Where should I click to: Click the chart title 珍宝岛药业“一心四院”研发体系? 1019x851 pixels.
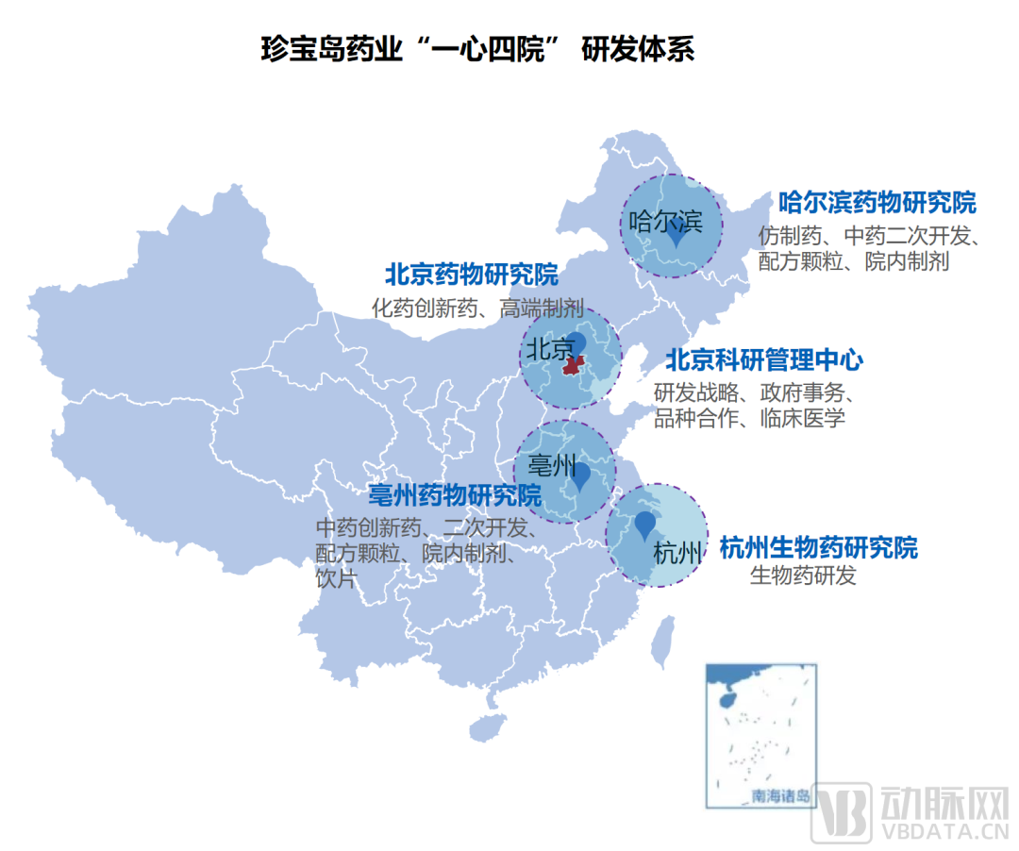[x=477, y=49]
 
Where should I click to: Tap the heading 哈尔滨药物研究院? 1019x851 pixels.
[x=877, y=203]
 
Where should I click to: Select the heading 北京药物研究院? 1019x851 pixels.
[x=471, y=275]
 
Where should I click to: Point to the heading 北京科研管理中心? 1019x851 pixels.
[x=763, y=360]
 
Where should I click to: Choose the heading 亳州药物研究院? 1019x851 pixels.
[x=455, y=495]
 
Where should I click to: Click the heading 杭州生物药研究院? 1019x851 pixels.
[x=818, y=547]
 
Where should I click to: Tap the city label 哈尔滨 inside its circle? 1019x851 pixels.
[x=665, y=222]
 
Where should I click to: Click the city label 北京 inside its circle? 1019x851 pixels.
[x=549, y=349]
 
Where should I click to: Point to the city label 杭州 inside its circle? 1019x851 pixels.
[x=677, y=553]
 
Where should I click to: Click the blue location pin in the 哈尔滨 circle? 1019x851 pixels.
[x=676, y=235]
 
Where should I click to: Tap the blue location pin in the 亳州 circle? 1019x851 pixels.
[x=581, y=476]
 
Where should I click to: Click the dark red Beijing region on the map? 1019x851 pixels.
[x=572, y=364]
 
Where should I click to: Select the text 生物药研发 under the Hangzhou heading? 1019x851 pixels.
[x=803, y=576]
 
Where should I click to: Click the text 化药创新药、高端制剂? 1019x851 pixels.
[x=477, y=308]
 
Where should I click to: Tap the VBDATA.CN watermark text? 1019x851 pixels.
[x=943, y=830]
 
